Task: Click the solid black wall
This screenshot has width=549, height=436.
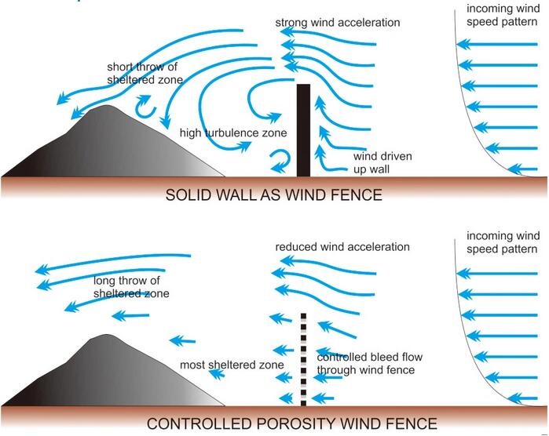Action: (303, 130)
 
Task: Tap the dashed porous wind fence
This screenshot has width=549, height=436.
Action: (303, 359)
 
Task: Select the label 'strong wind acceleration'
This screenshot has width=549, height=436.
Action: (338, 23)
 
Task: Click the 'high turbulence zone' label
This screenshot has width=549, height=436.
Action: (233, 133)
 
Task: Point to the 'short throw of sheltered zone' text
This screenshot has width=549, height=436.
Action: (145, 73)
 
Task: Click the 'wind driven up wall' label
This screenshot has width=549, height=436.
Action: (382, 162)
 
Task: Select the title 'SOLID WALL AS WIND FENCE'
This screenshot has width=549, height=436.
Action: (273, 194)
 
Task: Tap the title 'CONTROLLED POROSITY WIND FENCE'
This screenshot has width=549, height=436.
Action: (291, 423)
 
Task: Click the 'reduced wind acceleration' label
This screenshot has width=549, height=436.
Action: (342, 247)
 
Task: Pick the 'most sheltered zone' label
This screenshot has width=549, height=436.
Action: (232, 365)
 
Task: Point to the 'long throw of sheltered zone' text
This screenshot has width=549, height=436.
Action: (131, 287)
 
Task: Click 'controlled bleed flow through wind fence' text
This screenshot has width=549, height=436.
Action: (369, 363)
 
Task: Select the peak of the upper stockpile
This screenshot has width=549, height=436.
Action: (107, 105)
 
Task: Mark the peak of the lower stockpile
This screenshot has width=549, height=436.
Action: (104, 335)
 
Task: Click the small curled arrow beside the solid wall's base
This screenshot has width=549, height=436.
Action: (281, 162)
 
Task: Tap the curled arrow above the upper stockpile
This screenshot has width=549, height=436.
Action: (145, 107)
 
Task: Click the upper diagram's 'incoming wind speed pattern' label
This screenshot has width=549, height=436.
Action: (503, 15)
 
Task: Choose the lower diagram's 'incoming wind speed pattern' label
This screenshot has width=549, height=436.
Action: (503, 242)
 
